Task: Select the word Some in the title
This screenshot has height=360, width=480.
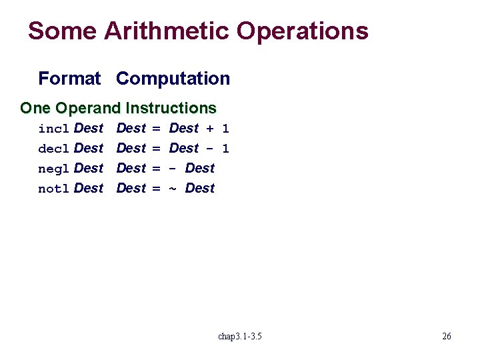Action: pyautogui.click(x=55, y=31)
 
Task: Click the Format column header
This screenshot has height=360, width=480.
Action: pyautogui.click(x=69, y=79)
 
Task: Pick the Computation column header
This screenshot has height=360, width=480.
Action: pyautogui.click(x=173, y=79)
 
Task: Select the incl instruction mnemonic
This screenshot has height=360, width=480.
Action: pyautogui.click(x=54, y=128)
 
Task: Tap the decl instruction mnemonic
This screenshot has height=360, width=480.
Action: pyautogui.click(x=54, y=148)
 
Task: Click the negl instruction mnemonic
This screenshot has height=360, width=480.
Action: pyautogui.click(x=54, y=168)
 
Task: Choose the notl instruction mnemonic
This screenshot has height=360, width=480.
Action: pyautogui.click(x=54, y=189)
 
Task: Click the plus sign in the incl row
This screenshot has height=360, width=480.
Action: pyautogui.click(x=210, y=128)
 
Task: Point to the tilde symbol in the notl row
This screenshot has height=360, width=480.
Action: pyautogui.click(x=173, y=189)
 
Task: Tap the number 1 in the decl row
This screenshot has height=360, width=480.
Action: pyautogui.click(x=225, y=148)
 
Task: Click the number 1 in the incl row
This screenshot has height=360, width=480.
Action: pyautogui.click(x=225, y=128)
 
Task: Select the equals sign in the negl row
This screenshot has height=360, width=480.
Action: pyautogui.click(x=157, y=168)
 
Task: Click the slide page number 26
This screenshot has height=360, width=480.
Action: pyautogui.click(x=447, y=336)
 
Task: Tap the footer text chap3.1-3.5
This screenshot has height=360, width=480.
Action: pyautogui.click(x=240, y=336)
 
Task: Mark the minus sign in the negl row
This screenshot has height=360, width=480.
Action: pyautogui.click(x=173, y=168)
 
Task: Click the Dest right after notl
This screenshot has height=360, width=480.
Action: pyautogui.click(x=89, y=188)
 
